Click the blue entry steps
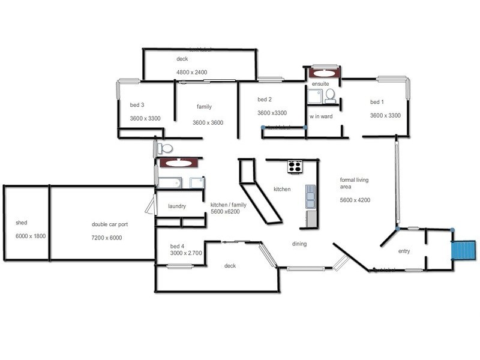[x=464, y=250]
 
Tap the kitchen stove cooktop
[x=295, y=167]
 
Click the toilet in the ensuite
[x=330, y=95]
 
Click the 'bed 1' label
[x=377, y=103]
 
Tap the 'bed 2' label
[x=265, y=99]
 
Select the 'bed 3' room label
[x=137, y=105]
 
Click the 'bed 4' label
[x=177, y=246]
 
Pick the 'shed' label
[x=21, y=223]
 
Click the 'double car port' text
[x=110, y=224]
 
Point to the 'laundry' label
[x=176, y=206]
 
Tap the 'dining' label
[x=299, y=244]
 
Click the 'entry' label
[x=404, y=251]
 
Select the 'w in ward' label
[x=320, y=116]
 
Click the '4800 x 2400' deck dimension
[x=191, y=72]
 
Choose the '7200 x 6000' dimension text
[x=107, y=238]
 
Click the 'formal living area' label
[x=354, y=184]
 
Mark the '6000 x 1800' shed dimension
[x=31, y=236]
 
